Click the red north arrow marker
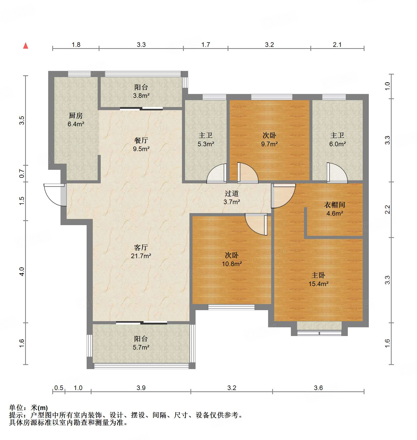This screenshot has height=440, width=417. (x=26, y=46)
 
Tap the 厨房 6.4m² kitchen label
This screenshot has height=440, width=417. (x=76, y=120)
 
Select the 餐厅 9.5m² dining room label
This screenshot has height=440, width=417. (x=141, y=144)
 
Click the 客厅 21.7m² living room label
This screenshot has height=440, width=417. (x=141, y=252)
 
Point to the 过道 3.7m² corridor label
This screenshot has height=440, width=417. (x=232, y=197)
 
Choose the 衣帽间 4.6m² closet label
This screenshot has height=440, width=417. (x=334, y=209)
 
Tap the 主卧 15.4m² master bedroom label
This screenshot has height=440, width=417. (x=318, y=279)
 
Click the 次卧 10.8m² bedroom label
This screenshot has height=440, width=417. (x=232, y=259)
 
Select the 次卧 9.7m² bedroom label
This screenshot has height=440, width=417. (x=269, y=140)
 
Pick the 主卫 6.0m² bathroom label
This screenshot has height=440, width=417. (x=337, y=140)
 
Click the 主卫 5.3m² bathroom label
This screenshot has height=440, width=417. (x=206, y=140)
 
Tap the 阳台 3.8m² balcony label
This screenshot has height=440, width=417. (x=141, y=91)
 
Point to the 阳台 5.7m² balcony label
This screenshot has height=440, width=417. (x=141, y=343)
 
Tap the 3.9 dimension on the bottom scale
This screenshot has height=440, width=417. (x=141, y=388)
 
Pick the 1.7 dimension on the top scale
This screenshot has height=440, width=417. (x=206, y=45)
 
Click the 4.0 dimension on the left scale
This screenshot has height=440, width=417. (x=22, y=271)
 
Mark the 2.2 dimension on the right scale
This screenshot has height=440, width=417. (x=388, y=209)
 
